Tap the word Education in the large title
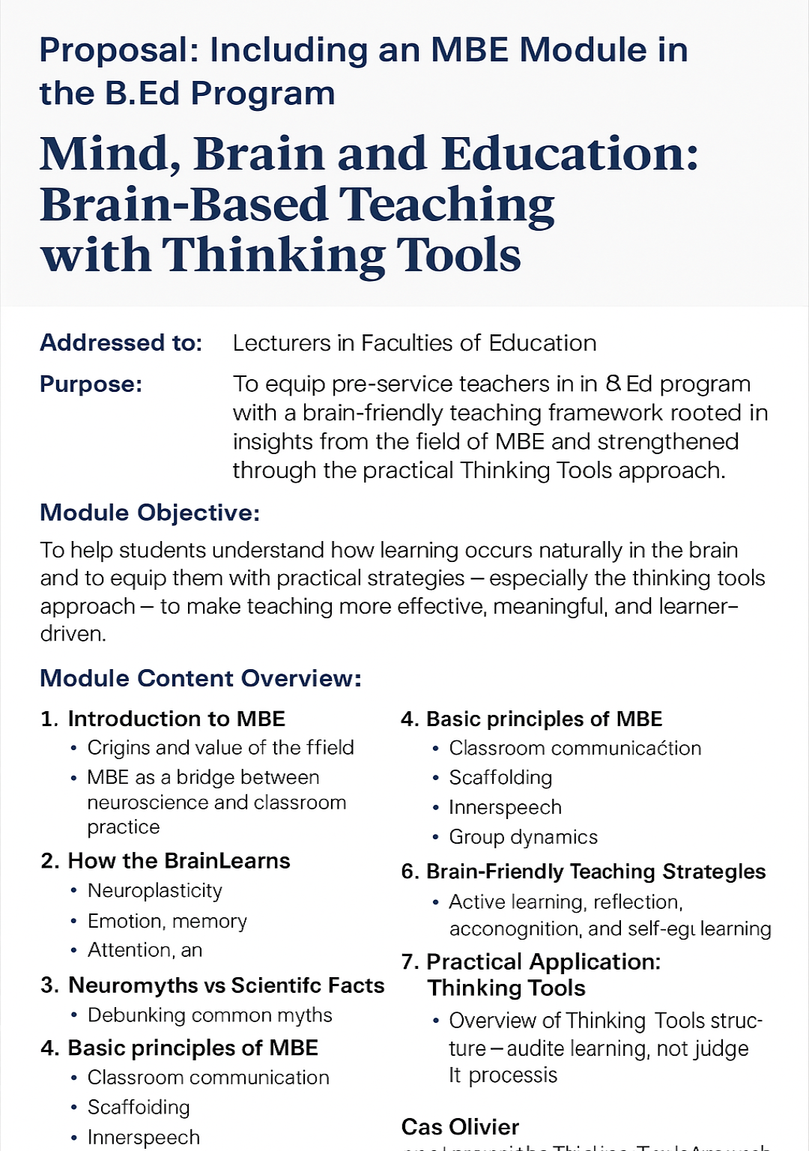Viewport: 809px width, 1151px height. [570, 154]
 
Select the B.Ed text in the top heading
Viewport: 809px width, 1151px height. [142, 94]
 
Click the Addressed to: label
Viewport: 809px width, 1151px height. [121, 343]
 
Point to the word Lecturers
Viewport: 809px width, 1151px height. [282, 343]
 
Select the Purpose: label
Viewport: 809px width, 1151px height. [91, 384]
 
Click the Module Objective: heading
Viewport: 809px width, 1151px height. [150, 513]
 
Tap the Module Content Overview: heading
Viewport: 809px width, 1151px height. [201, 678]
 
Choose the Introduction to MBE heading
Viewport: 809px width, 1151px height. [176, 719]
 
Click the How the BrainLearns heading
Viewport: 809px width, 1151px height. [179, 861]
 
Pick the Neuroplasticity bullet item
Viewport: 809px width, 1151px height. [155, 891]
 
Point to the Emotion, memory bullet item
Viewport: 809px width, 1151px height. [167, 921]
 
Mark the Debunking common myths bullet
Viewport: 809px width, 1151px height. [210, 1015]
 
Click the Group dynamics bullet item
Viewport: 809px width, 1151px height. [523, 837]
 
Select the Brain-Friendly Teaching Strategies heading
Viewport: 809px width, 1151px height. [596, 871]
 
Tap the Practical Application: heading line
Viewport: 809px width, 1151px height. [543, 962]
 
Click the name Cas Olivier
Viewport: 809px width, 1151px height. [460, 1127]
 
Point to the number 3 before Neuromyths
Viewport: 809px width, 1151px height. [49, 985]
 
